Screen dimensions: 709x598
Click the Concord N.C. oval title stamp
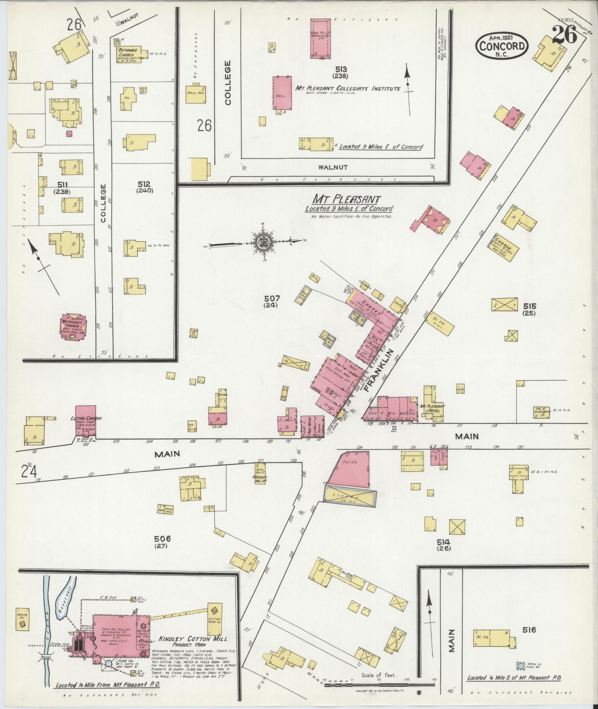pos(502,46)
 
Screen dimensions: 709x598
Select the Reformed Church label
pos(128,52)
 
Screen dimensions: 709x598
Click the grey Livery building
pos(350,496)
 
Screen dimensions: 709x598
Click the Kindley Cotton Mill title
pos(193,639)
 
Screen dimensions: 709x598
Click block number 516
pos(529,629)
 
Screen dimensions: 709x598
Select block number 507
pos(272,298)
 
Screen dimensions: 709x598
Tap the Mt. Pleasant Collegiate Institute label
pos(347,89)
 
